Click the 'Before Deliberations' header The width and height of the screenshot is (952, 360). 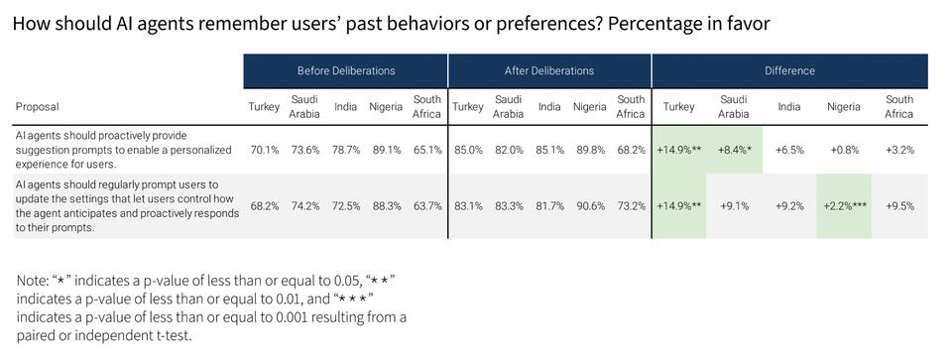[346, 70]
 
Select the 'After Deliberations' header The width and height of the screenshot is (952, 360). [549, 70]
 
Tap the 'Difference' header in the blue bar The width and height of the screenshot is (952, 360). [789, 70]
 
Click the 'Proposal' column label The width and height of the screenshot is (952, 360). [36, 106]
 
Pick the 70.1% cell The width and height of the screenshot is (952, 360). [264, 150]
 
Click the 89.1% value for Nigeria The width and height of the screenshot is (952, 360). [386, 150]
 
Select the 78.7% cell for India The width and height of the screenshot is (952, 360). [345, 150]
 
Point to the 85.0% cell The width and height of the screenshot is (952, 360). [467, 150]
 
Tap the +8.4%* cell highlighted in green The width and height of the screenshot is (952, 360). [733, 150]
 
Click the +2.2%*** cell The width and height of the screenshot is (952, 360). [844, 206]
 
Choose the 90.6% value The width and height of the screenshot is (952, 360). [589, 206]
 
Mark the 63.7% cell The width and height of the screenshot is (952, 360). [426, 206]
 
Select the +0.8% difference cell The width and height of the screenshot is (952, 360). [844, 150]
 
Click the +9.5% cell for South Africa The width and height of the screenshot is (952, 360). [899, 206]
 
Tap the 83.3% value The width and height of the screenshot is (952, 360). [508, 206]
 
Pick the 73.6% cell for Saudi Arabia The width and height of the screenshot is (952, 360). [304, 150]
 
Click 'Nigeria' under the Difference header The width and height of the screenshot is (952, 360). [844, 106]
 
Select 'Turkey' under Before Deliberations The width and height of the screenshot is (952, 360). [264, 106]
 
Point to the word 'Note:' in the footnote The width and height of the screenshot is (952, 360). [36, 281]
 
